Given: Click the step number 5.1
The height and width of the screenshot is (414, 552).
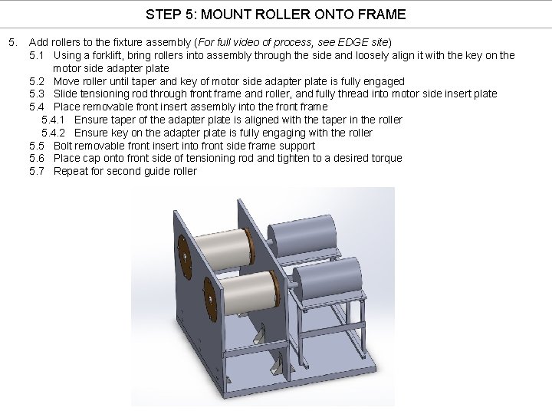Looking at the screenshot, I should (38, 55).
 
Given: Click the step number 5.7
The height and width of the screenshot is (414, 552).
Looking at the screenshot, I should (38, 171).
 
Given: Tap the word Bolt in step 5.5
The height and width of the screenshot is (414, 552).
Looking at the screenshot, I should (64, 146).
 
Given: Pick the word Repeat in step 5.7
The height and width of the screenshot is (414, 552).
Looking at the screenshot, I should (71, 171).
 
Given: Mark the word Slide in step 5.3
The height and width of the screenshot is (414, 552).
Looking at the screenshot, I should (67, 94).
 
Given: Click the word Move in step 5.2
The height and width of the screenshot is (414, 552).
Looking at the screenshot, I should (66, 81).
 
